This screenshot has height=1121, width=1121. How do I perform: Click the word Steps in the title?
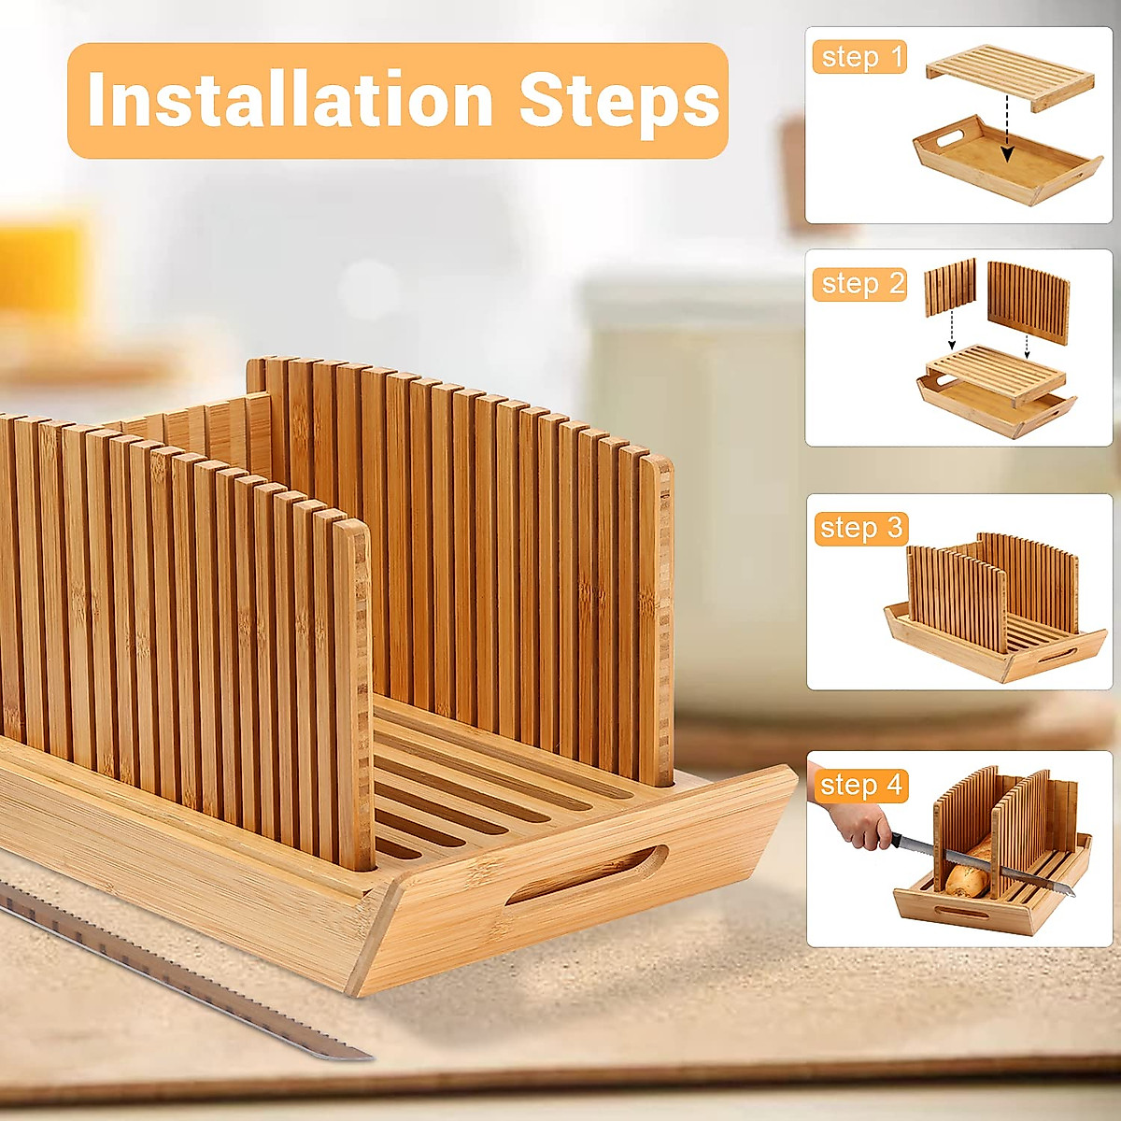(619, 100)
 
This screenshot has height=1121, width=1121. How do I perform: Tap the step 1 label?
(860, 57)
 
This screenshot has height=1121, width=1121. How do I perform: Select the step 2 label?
(860, 283)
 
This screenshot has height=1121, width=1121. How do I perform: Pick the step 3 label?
(860, 529)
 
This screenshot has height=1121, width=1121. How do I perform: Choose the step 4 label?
(860, 786)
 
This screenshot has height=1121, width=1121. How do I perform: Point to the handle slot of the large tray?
(587, 876)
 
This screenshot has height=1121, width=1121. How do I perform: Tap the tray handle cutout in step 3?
(1057, 654)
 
